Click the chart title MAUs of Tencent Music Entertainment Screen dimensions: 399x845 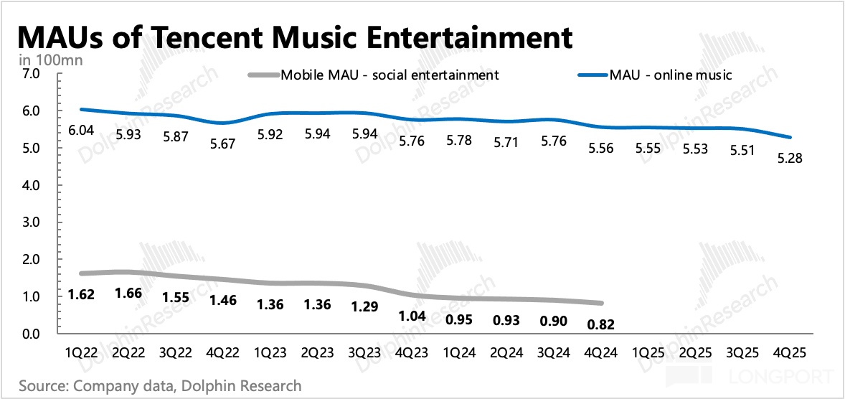(294, 36)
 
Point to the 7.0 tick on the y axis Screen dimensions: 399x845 (32, 74)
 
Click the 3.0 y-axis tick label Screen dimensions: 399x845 (32, 222)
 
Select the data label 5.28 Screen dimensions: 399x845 (790, 157)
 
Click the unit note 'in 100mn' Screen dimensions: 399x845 (51, 60)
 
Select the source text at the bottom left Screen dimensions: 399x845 (160, 385)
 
